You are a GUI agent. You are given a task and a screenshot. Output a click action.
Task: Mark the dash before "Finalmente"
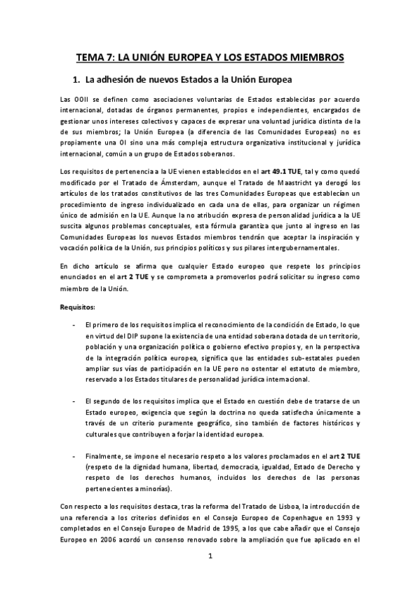74,455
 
